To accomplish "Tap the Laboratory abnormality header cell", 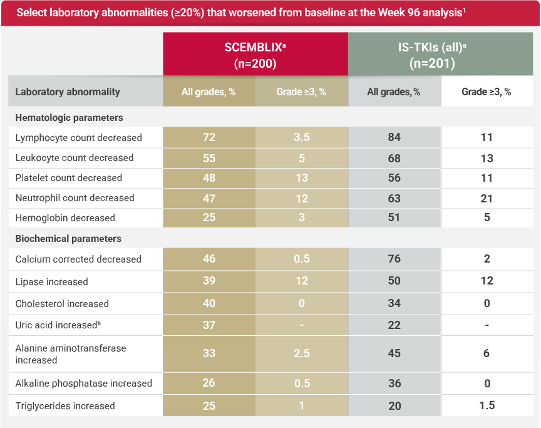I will tap(68, 91).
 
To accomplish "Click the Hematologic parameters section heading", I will tap(69, 118).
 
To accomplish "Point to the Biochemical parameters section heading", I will tap(68, 239).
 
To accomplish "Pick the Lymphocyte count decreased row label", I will tap(78, 138).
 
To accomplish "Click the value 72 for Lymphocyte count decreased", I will tap(209, 138).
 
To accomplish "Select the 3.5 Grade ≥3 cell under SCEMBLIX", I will tap(302, 138).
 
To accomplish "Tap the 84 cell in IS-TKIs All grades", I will tap(394, 138).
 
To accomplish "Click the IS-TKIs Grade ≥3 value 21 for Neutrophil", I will tap(487, 199).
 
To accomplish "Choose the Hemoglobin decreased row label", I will tap(65, 218).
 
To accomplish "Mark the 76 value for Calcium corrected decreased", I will tap(394, 259).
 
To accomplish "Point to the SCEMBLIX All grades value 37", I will tap(209, 325).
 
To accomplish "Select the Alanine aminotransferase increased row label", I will tap(70, 354).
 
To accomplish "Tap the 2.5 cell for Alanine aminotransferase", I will tap(302, 354).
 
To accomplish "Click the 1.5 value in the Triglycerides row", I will tap(487, 405).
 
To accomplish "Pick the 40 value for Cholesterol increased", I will tap(209, 303).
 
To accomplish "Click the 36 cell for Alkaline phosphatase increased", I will tap(394, 384).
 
